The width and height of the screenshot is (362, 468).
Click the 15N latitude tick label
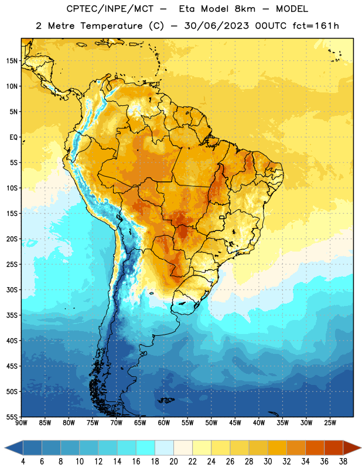point(12,61)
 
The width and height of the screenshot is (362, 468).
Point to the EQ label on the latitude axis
point(13,137)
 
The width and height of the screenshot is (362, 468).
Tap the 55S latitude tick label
point(12,417)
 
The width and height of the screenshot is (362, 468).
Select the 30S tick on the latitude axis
point(12,290)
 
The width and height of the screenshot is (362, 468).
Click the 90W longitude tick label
point(21,423)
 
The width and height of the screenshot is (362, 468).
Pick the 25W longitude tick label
point(330,423)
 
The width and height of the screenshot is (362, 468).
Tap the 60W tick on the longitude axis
point(164,423)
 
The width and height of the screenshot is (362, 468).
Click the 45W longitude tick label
point(235,423)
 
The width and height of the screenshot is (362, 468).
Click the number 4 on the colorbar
point(23,462)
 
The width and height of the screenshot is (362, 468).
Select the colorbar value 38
point(343,462)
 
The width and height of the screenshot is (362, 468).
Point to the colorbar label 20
point(173,462)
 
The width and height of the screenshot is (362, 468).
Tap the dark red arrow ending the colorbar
point(352,448)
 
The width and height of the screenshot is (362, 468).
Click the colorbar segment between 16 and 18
point(146,448)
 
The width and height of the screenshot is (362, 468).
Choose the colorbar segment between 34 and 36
point(315,448)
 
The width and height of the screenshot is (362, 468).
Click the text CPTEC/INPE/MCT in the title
point(110,9)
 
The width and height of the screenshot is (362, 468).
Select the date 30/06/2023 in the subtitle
point(216,26)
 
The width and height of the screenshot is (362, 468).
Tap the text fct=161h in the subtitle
point(316,26)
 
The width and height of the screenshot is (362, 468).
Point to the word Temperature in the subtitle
point(111,26)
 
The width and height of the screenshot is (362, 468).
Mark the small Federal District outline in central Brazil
point(222,217)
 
